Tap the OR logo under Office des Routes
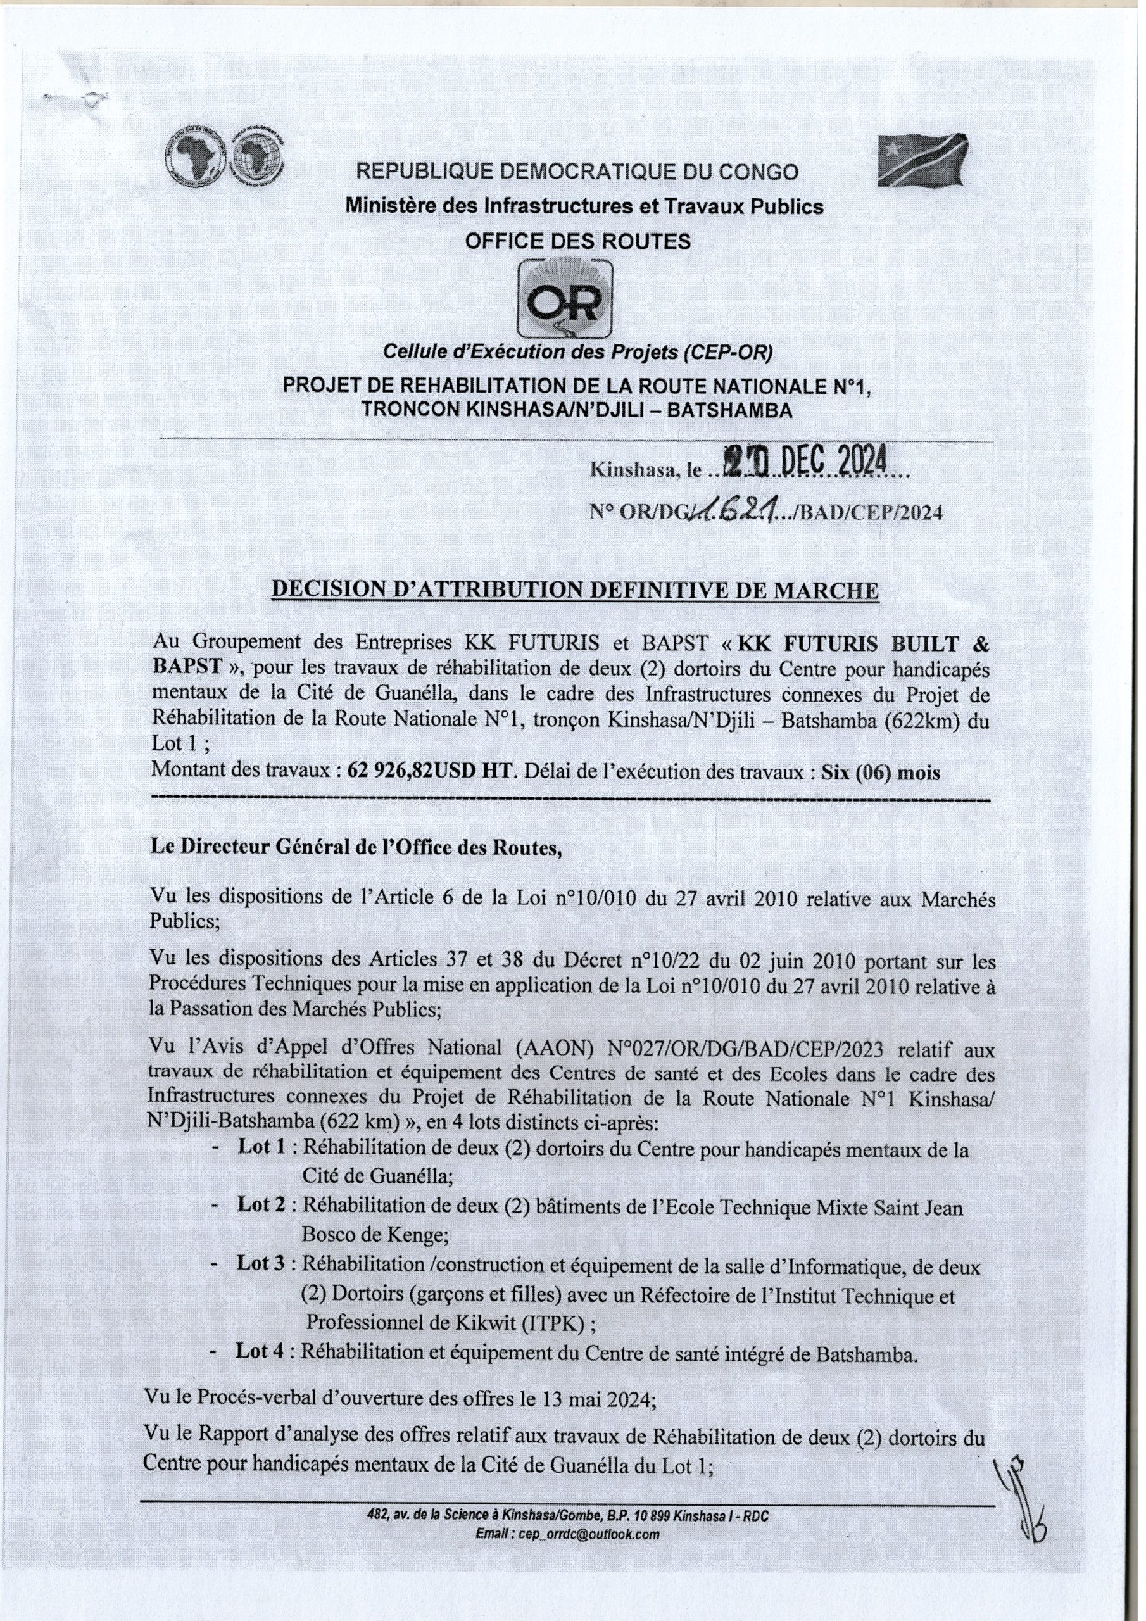(x=565, y=299)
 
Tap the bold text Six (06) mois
(x=881, y=773)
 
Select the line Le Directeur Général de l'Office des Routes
(x=356, y=848)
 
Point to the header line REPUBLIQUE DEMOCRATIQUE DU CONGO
(x=577, y=172)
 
